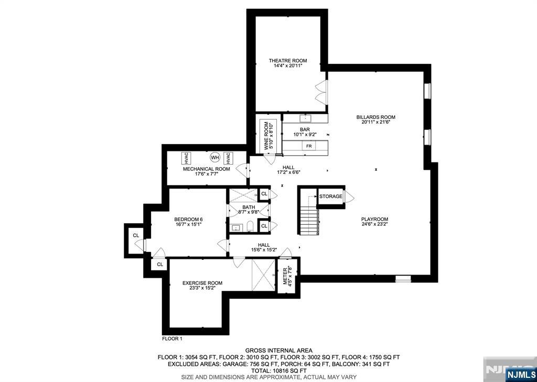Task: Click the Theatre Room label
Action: click(x=287, y=61)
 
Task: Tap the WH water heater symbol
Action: click(x=215, y=157)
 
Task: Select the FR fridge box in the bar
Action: click(x=309, y=146)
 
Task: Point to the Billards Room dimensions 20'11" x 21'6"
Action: click(x=375, y=122)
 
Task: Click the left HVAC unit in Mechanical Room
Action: click(x=186, y=158)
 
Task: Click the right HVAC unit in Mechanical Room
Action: click(x=228, y=158)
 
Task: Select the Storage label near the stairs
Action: click(x=330, y=197)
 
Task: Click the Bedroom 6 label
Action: click(x=188, y=219)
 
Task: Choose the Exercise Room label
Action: click(x=202, y=283)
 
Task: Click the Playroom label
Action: click(x=374, y=219)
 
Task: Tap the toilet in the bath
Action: click(x=250, y=226)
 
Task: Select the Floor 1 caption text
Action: click(x=172, y=339)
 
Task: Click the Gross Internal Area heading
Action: click(x=278, y=351)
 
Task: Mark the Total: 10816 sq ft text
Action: click(x=278, y=370)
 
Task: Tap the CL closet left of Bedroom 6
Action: click(x=136, y=236)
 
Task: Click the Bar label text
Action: click(x=305, y=129)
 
